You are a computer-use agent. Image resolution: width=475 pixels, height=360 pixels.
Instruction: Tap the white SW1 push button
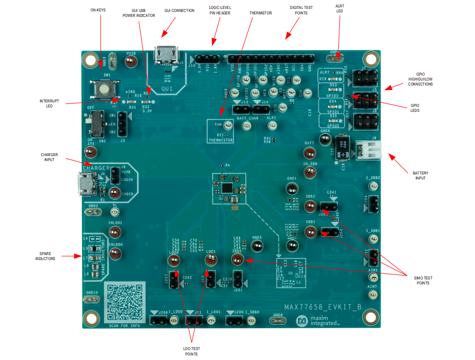(104, 90)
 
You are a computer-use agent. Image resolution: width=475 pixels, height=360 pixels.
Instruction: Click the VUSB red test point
(131, 61)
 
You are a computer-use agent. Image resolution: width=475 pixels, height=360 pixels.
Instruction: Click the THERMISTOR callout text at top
(260, 13)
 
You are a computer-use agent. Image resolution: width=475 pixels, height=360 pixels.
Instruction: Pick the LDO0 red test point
(174, 262)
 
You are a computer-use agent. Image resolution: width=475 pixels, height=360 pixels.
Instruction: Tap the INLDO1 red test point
(115, 232)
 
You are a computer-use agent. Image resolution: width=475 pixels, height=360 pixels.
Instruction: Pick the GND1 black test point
(292, 188)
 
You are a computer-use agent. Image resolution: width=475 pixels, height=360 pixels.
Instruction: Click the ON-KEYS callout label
(98, 10)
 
